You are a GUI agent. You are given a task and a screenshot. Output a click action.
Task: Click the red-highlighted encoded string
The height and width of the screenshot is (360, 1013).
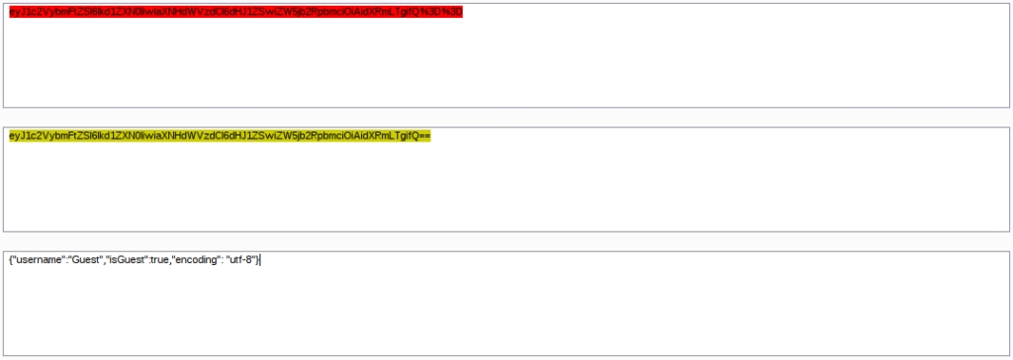(x=235, y=12)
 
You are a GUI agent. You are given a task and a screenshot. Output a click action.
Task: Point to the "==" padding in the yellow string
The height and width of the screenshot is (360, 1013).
(x=424, y=136)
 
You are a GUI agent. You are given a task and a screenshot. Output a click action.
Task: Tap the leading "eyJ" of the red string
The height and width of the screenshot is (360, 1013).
(x=16, y=12)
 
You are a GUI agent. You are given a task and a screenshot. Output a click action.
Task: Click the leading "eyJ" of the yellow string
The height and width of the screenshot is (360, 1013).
(x=16, y=136)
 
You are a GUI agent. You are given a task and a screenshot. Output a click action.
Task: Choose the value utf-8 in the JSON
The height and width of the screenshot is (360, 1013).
(x=241, y=260)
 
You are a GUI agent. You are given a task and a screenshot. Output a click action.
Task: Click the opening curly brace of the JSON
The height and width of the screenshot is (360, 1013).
(x=10, y=260)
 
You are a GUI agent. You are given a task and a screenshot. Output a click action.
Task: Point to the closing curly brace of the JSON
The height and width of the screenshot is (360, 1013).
(x=257, y=260)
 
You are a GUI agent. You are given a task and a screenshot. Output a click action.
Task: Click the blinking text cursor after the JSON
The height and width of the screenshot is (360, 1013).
(x=260, y=260)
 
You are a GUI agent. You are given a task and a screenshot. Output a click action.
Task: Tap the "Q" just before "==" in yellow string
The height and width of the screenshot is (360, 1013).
(x=414, y=136)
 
